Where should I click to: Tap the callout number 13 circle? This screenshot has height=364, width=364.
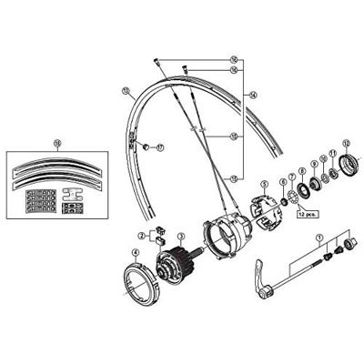(125, 91)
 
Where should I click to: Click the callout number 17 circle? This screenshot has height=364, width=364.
(159, 147)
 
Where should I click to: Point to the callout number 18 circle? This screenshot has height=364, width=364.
(56, 143)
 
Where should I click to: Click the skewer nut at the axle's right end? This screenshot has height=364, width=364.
(347, 246)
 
